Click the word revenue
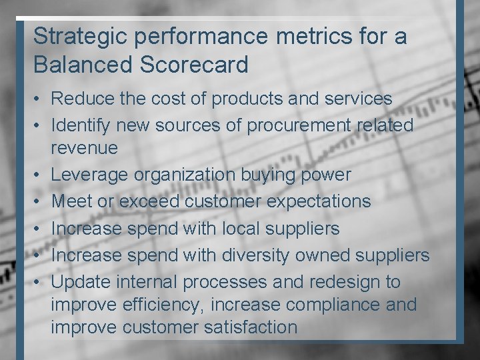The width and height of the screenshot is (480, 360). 84,148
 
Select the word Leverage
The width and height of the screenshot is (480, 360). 89,175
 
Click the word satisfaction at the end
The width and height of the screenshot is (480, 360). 249,327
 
